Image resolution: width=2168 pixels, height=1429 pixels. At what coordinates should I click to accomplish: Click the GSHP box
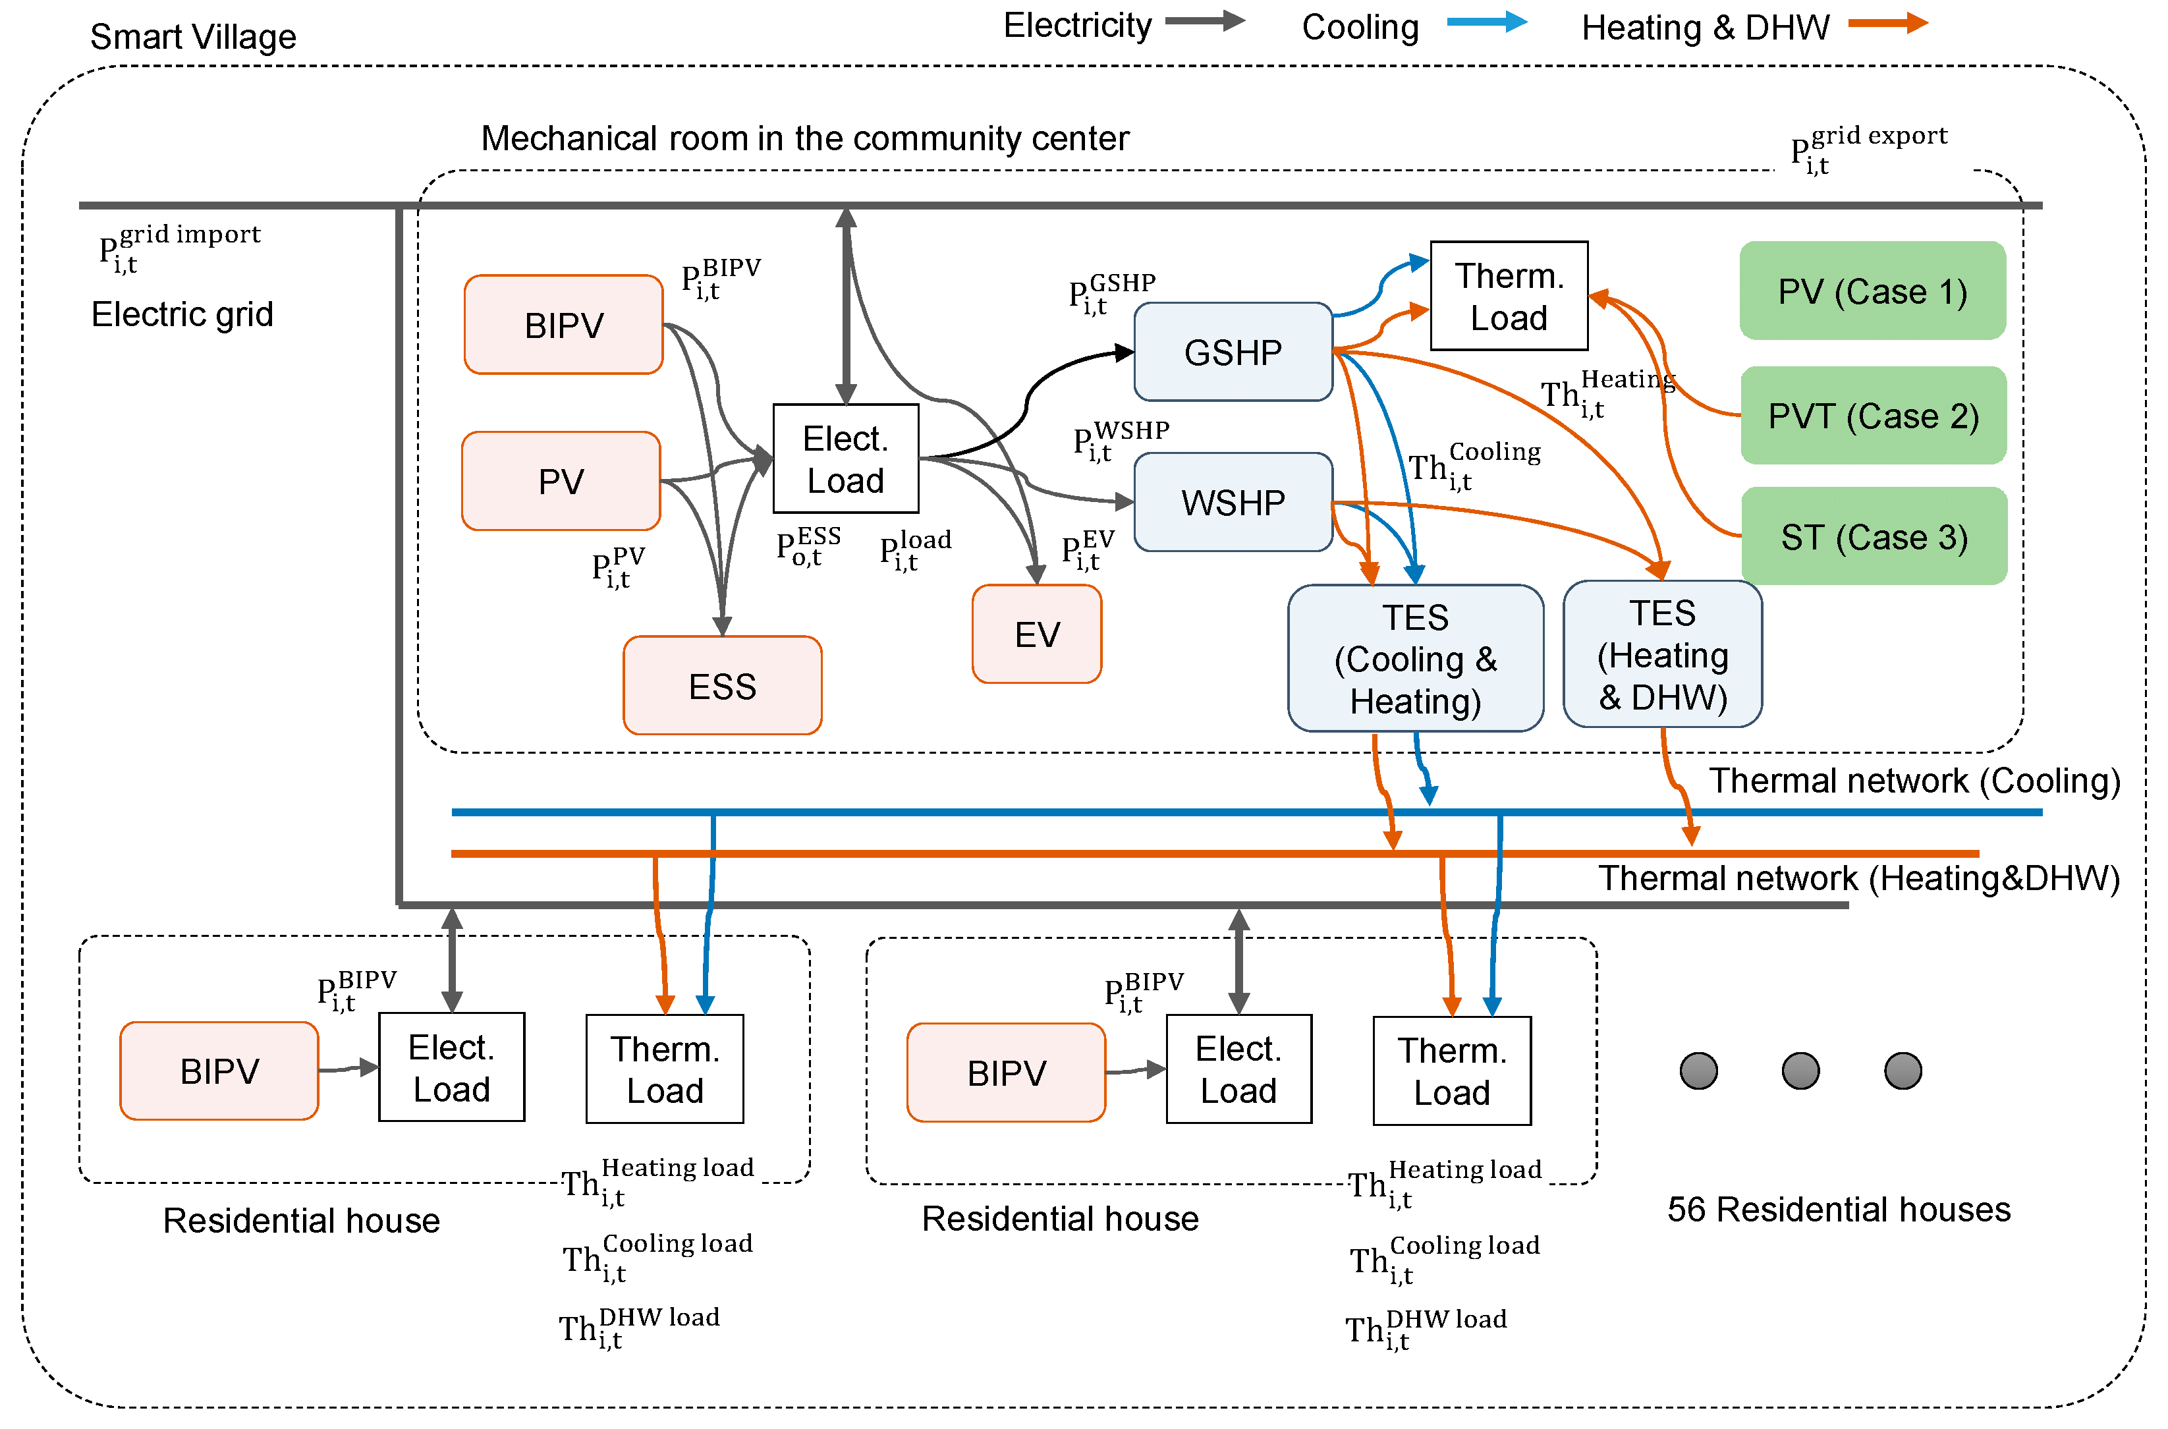[1232, 352]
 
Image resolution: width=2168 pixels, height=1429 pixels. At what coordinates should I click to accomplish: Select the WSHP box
[1232, 502]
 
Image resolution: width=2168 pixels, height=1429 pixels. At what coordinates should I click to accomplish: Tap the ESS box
[722, 685]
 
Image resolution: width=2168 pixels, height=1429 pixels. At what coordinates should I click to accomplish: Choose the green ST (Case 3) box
[1873, 536]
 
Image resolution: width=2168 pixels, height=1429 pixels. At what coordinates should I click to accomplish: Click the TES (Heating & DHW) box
[1661, 654]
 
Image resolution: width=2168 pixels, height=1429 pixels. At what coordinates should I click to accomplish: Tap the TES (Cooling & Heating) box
[1414, 658]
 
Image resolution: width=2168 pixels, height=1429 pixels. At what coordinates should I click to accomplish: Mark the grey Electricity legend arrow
[1204, 21]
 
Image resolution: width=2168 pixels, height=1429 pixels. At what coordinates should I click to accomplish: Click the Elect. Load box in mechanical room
[845, 459]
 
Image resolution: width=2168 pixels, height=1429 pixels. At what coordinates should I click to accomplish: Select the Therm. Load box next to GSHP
[1508, 295]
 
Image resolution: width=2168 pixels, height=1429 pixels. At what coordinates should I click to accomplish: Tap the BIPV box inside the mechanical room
[563, 324]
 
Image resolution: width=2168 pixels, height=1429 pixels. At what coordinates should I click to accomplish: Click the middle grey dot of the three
[1799, 1070]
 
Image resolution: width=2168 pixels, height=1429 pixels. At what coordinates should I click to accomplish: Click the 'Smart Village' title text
[192, 36]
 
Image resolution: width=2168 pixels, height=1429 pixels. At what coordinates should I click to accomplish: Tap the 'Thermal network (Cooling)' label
[1913, 780]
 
